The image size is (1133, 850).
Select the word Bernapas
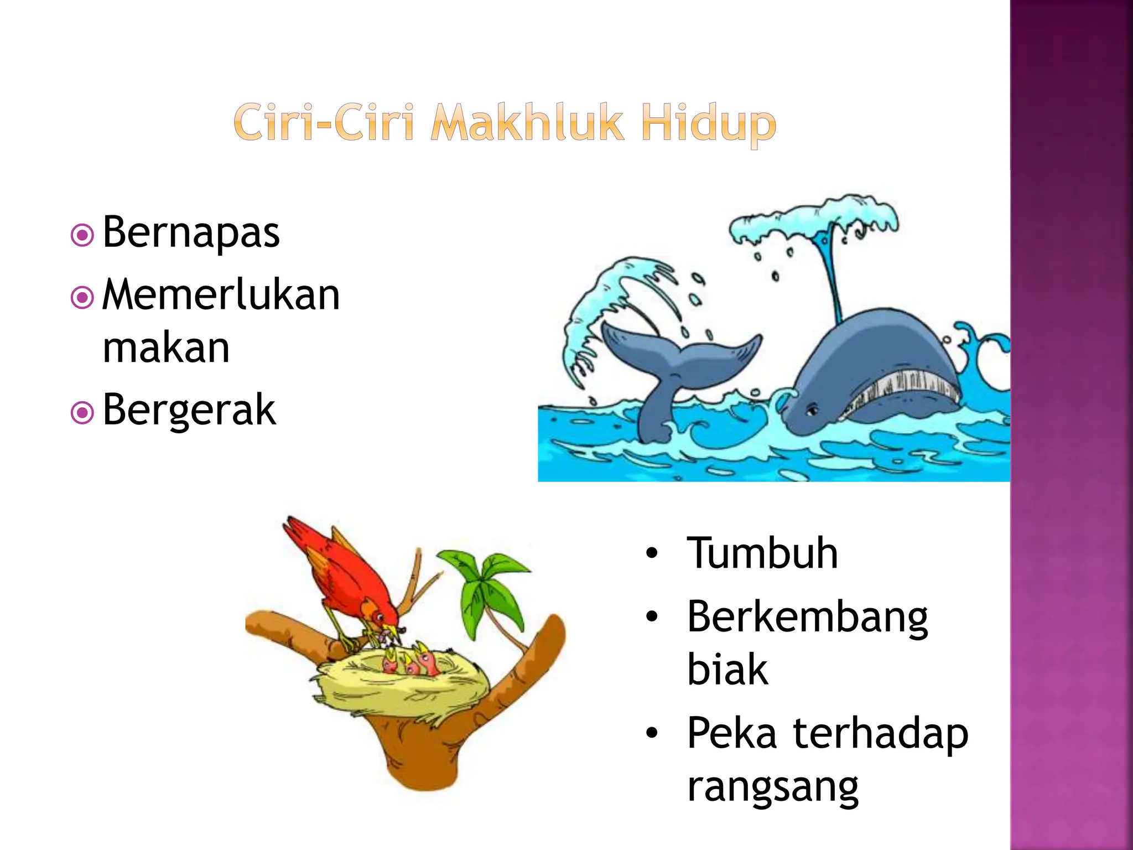click(x=191, y=232)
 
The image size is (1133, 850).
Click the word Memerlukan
click(x=221, y=294)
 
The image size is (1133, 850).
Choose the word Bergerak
click(x=189, y=410)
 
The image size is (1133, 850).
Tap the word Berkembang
click(x=807, y=618)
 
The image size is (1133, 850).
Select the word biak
click(x=727, y=670)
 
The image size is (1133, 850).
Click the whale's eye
click(x=812, y=411)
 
